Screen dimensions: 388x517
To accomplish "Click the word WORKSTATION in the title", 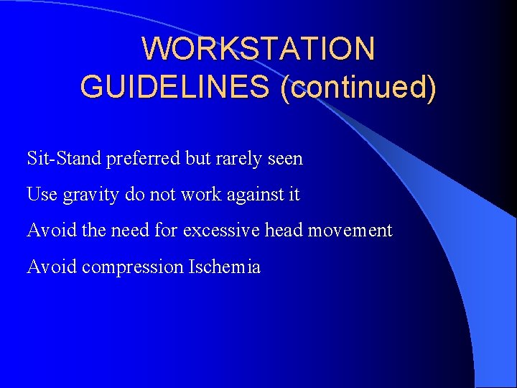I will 258,49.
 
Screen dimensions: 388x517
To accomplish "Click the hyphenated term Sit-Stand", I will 64,157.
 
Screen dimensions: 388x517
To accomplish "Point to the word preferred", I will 144,158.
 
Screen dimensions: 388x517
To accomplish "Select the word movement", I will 353,231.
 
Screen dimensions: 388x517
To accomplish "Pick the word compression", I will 133,268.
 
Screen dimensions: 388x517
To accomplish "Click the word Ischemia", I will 224,267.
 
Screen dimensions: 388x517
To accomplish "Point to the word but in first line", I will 199,158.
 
